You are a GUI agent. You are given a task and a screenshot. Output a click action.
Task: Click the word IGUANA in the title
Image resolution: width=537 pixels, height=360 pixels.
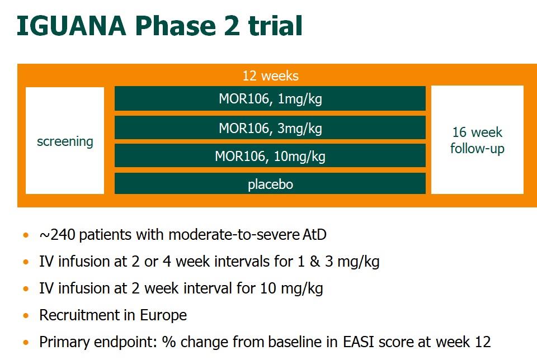[x=71, y=26]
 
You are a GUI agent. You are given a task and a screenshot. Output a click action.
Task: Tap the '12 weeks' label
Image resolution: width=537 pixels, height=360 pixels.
[x=271, y=75]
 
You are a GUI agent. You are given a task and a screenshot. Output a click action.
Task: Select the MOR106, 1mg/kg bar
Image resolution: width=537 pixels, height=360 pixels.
[x=270, y=98]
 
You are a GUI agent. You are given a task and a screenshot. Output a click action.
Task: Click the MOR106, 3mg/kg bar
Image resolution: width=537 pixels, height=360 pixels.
[x=270, y=127]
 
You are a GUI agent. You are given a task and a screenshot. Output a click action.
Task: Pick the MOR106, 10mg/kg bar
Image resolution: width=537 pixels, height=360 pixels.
[x=270, y=156]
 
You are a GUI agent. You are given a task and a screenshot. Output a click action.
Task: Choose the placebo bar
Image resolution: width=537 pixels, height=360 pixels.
[x=270, y=183]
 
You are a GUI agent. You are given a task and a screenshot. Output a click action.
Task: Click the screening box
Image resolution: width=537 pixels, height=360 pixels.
[x=65, y=141]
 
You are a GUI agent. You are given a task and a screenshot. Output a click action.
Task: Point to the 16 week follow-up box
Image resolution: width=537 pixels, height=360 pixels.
[x=477, y=140]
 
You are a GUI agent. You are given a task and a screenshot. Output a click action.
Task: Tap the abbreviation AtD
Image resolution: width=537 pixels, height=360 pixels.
[x=314, y=235]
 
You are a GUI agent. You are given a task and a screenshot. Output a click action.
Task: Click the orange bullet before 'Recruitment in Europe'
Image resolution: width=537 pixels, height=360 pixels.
[x=26, y=315]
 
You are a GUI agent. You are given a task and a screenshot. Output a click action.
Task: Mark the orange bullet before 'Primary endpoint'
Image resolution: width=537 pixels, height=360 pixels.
[x=26, y=342]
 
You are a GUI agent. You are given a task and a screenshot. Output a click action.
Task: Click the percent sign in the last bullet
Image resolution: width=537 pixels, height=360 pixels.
[x=168, y=342]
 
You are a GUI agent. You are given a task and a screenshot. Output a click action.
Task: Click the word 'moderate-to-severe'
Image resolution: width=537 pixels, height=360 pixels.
[x=234, y=235]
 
